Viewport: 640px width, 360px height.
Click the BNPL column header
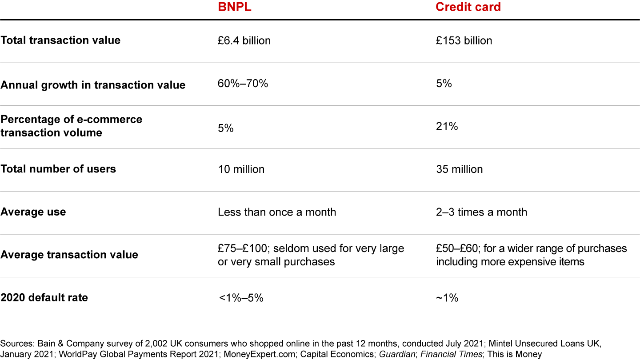click(x=234, y=8)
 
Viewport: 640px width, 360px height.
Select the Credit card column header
click(x=468, y=8)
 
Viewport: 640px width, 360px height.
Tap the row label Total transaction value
click(x=60, y=40)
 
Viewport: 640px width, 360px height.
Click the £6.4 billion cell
click(x=244, y=41)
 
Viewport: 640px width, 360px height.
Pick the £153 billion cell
click(x=464, y=41)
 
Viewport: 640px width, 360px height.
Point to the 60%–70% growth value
click(x=243, y=84)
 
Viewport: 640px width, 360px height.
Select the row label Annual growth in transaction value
click(x=93, y=85)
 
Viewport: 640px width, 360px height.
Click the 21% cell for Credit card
click(x=447, y=127)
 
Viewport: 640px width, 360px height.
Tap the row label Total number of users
click(x=58, y=169)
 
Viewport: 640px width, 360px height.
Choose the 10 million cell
click(x=241, y=169)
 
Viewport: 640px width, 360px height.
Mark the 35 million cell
click(x=459, y=169)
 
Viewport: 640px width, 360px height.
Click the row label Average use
click(x=33, y=212)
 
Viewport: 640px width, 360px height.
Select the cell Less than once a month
click(x=277, y=212)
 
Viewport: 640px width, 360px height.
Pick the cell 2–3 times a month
click(x=481, y=212)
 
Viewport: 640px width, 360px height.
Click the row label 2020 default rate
click(x=44, y=298)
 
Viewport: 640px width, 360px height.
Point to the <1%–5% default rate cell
click(x=241, y=298)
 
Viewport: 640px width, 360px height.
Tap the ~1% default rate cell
click(x=447, y=298)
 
